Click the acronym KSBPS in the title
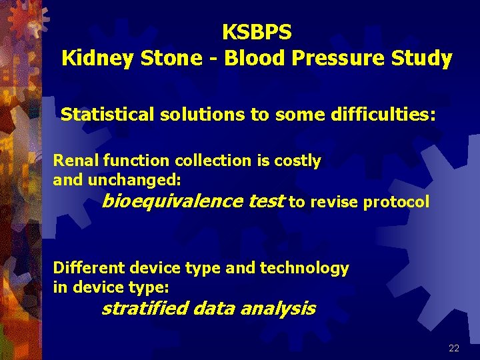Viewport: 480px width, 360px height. tap(257, 32)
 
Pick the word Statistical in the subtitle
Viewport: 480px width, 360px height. tap(108, 115)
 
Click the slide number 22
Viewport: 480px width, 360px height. tap(454, 348)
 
